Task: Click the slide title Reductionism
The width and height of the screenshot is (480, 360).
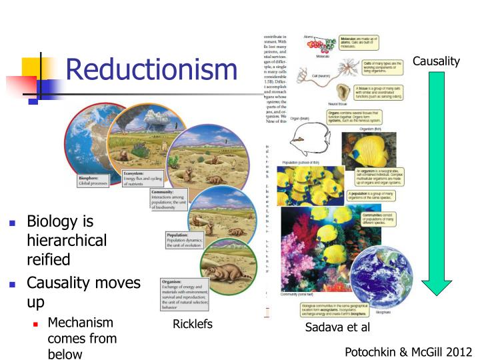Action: pyautogui.click(x=151, y=69)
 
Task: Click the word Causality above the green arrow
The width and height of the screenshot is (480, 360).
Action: pyautogui.click(x=437, y=61)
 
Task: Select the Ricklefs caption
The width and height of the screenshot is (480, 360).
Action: pyautogui.click(x=192, y=325)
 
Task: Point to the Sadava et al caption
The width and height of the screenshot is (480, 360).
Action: pyautogui.click(x=337, y=327)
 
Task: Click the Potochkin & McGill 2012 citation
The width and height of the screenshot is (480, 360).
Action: pyautogui.click(x=409, y=351)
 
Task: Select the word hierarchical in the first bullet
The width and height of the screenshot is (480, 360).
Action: pyautogui.click(x=67, y=240)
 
